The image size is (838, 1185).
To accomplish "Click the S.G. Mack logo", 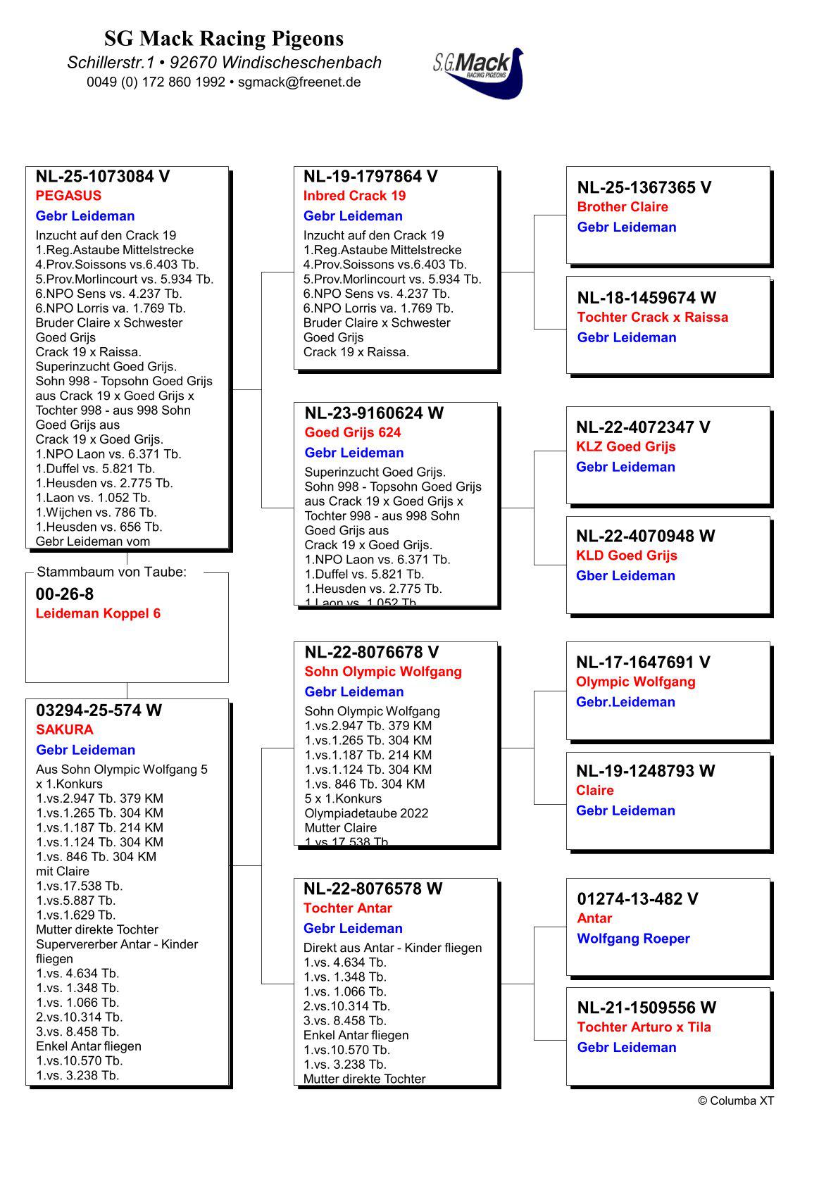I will pos(478,72).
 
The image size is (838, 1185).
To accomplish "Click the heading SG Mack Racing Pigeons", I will pos(224,38).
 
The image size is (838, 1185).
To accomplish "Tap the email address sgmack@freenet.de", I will pos(299,82).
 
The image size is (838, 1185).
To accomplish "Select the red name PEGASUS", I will pos(68,196).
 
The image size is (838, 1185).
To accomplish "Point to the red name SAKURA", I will pos(65,729).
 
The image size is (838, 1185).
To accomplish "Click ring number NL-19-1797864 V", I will pos(370,176).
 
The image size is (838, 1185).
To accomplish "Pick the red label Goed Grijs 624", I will pos(352,432).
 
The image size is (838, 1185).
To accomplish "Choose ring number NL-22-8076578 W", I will pos(373,889).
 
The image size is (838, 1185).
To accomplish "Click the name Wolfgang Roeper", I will pos(633,939).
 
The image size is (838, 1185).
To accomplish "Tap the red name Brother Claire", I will pos(623,207).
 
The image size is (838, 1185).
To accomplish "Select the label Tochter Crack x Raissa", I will pos(652,317).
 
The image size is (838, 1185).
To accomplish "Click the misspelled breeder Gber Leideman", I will pos(625,576).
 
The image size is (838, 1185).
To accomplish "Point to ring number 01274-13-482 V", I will pos(637,898).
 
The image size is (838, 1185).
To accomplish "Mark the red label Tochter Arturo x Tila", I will pos(644,1027).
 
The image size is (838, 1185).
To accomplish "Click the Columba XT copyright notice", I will pos(735,1101).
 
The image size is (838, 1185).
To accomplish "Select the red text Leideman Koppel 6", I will pos(98,613).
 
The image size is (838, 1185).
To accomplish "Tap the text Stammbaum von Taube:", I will pos(111,572).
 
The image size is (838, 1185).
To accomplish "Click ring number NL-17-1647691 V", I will pos(643,662).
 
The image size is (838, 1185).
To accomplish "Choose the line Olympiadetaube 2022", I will pos(366,813).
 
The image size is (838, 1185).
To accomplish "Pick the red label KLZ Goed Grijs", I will pos(625,446).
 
